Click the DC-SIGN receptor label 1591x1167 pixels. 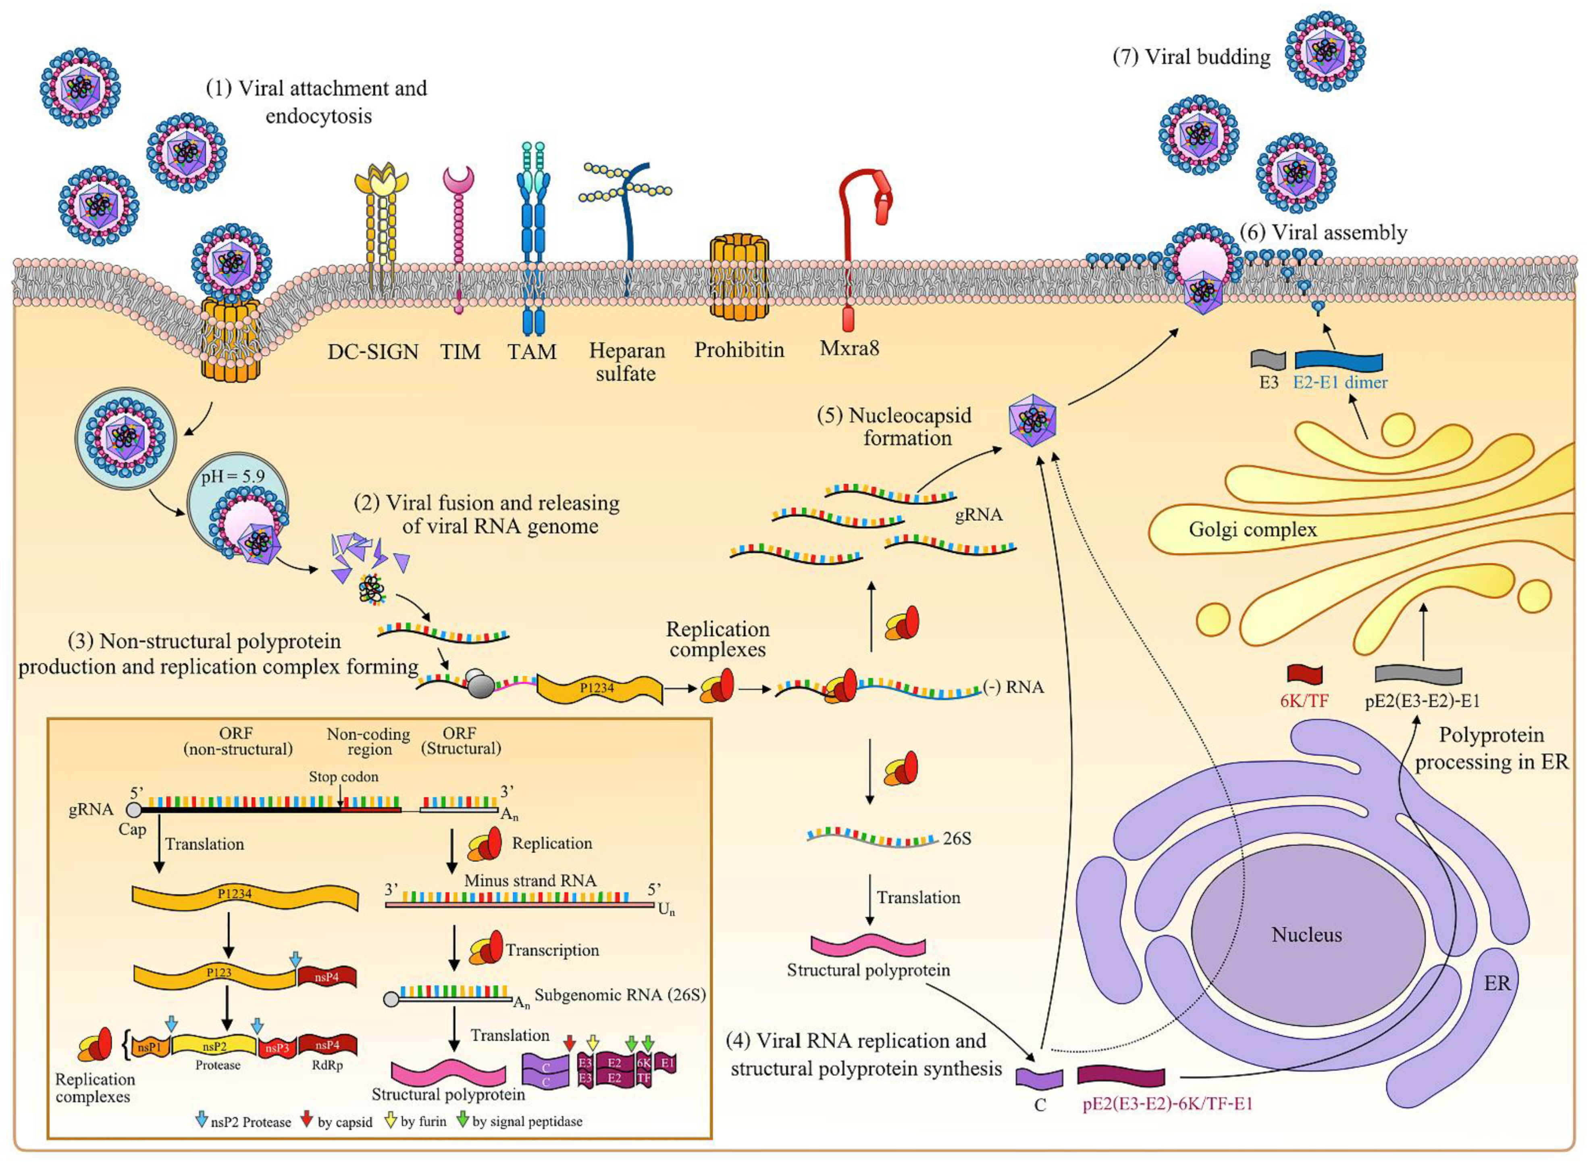[x=373, y=351]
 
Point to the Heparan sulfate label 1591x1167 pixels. [x=626, y=362]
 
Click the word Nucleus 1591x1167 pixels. [x=1306, y=935]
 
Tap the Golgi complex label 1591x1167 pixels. [x=1253, y=529]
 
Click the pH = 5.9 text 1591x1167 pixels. [x=232, y=476]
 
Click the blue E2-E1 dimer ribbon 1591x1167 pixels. [x=1338, y=360]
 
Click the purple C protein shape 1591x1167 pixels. [x=1040, y=1078]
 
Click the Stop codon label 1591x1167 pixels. [x=343, y=776]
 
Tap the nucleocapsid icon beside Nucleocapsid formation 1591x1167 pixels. [x=1032, y=422]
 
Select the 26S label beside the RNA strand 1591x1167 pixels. [x=957, y=838]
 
